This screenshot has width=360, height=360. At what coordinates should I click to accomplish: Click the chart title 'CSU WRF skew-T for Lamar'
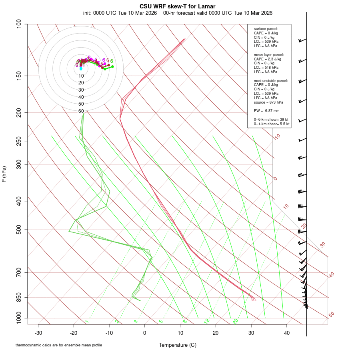click(x=178, y=6)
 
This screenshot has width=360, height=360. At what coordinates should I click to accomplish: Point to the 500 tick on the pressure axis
click(x=19, y=230)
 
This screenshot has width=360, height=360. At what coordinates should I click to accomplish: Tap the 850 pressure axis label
click(x=19, y=297)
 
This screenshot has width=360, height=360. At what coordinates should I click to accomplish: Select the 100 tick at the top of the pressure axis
click(x=19, y=24)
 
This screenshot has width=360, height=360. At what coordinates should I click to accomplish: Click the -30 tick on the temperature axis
click(x=38, y=332)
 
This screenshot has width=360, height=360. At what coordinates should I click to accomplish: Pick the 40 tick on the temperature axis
click(x=286, y=332)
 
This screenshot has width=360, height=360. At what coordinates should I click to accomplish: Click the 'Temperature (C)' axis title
click(x=178, y=345)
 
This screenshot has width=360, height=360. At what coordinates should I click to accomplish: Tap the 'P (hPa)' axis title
click(x=4, y=174)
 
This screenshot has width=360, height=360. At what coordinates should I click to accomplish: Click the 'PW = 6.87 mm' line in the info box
click(x=266, y=110)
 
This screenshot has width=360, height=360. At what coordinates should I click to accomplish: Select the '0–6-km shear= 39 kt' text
click(x=271, y=120)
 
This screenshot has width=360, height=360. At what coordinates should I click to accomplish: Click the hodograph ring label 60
click(x=81, y=111)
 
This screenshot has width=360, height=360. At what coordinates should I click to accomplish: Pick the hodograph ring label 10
click(x=81, y=76)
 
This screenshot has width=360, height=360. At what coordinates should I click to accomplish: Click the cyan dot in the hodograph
click(x=81, y=69)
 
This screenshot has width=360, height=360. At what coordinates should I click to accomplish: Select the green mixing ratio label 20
click(x=236, y=321)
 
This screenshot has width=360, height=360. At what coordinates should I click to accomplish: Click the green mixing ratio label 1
click(x=87, y=322)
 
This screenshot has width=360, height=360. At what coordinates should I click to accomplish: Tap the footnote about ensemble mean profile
click(x=59, y=345)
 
